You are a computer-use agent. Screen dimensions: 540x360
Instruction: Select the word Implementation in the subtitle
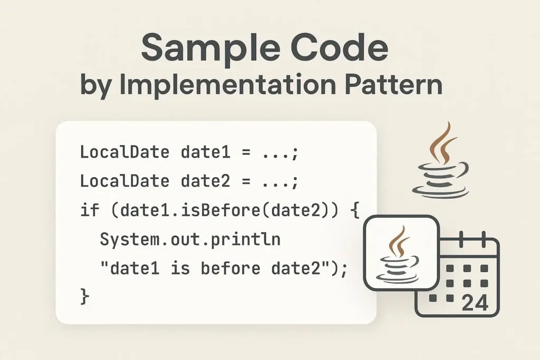tap(227, 85)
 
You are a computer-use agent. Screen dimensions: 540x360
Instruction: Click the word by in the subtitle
tap(95, 86)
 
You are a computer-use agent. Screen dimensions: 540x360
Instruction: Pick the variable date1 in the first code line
tap(206, 152)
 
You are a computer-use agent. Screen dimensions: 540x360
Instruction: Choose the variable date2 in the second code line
tap(206, 181)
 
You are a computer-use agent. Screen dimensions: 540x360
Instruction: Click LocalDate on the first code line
tap(124, 152)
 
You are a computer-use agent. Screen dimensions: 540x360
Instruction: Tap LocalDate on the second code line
tap(124, 181)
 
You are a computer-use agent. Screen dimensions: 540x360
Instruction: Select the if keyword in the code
tap(90, 210)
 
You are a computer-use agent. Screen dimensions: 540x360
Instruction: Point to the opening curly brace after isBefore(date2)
tap(355, 210)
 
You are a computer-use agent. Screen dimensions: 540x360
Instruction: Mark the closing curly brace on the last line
tap(85, 297)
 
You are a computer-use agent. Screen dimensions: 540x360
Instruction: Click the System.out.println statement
tap(190, 239)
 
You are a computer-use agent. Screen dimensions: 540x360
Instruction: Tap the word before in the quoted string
tap(230, 268)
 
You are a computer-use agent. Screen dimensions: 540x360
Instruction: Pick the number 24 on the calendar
tap(475, 303)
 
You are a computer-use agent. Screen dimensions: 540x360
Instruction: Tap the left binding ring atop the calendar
tap(461, 239)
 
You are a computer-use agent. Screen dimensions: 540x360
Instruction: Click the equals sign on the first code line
tap(246, 152)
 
